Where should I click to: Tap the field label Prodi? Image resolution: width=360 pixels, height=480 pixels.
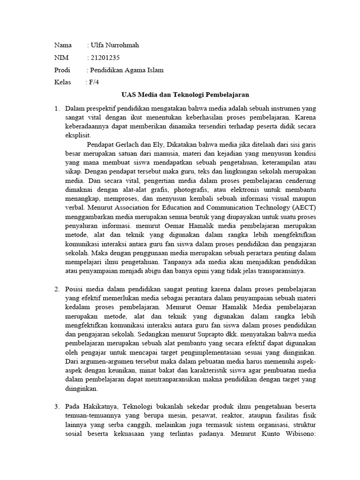point(62,70)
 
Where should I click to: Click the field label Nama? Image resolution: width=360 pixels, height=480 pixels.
point(63,45)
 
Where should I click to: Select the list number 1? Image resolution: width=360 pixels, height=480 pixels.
point(57,109)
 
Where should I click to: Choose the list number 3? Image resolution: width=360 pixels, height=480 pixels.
point(57,405)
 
